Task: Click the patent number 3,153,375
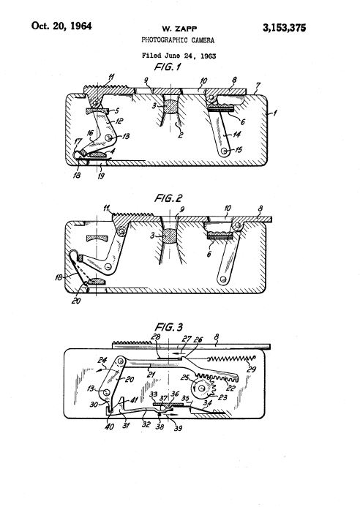pyautogui.click(x=284, y=28)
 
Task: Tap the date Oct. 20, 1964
pyautogui.click(x=61, y=26)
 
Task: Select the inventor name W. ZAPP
pyautogui.click(x=179, y=29)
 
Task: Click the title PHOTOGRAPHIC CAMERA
pyautogui.click(x=178, y=40)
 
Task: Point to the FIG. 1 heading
pyautogui.click(x=168, y=67)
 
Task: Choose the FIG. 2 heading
pyautogui.click(x=168, y=198)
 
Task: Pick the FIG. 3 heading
pyautogui.click(x=168, y=327)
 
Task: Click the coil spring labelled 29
pyautogui.click(x=231, y=358)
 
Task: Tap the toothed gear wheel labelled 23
pyautogui.click(x=203, y=387)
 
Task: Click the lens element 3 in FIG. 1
pyautogui.click(x=171, y=106)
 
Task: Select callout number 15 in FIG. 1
pyautogui.click(x=238, y=150)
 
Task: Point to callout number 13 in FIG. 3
pyautogui.click(x=91, y=388)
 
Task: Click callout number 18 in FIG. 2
pyautogui.click(x=59, y=277)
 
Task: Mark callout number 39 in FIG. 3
pyautogui.click(x=179, y=429)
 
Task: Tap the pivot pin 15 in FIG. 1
pyautogui.click(x=224, y=151)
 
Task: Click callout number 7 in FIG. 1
pyautogui.click(x=258, y=86)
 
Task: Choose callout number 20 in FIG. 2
pyautogui.click(x=76, y=301)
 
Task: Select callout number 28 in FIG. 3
pyautogui.click(x=156, y=337)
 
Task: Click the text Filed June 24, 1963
pyautogui.click(x=179, y=56)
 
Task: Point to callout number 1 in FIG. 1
pyautogui.click(x=275, y=113)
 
